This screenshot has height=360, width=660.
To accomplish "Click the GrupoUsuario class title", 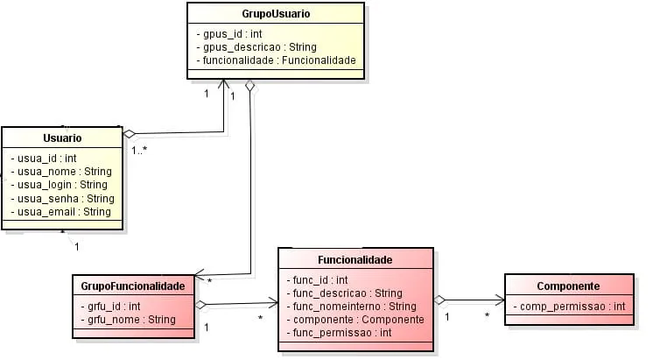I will (x=276, y=15).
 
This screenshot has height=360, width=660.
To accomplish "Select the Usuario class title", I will (x=62, y=138).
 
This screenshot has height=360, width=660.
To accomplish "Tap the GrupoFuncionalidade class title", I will (x=133, y=286).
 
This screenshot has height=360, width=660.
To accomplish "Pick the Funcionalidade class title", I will (x=355, y=260).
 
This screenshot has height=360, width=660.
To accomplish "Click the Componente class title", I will (x=567, y=286).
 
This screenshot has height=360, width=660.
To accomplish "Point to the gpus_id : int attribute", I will (x=230, y=32).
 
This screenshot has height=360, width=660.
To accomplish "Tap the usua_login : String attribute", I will (x=59, y=185).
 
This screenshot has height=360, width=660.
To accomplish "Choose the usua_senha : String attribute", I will (x=62, y=199).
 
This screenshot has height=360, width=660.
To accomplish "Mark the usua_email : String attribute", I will (x=60, y=212).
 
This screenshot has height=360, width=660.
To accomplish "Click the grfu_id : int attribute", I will (x=109, y=307).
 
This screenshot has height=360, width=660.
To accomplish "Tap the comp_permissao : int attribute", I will (x=570, y=307).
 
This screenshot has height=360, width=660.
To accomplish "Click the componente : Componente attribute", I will (x=355, y=320).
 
